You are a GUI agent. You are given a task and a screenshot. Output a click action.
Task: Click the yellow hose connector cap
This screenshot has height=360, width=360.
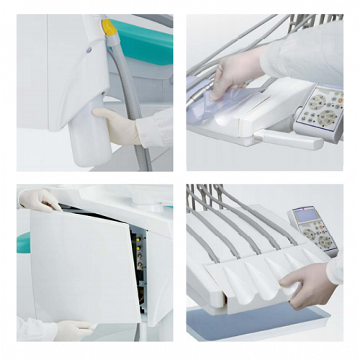click(x=109, y=27)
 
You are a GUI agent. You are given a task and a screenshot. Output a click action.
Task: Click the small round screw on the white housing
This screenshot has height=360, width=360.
click(x=89, y=50)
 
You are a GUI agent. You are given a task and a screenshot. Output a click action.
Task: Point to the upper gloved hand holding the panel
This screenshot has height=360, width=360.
click(x=40, y=199)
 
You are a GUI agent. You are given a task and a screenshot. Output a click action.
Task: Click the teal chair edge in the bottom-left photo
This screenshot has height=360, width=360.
click(x=24, y=241)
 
